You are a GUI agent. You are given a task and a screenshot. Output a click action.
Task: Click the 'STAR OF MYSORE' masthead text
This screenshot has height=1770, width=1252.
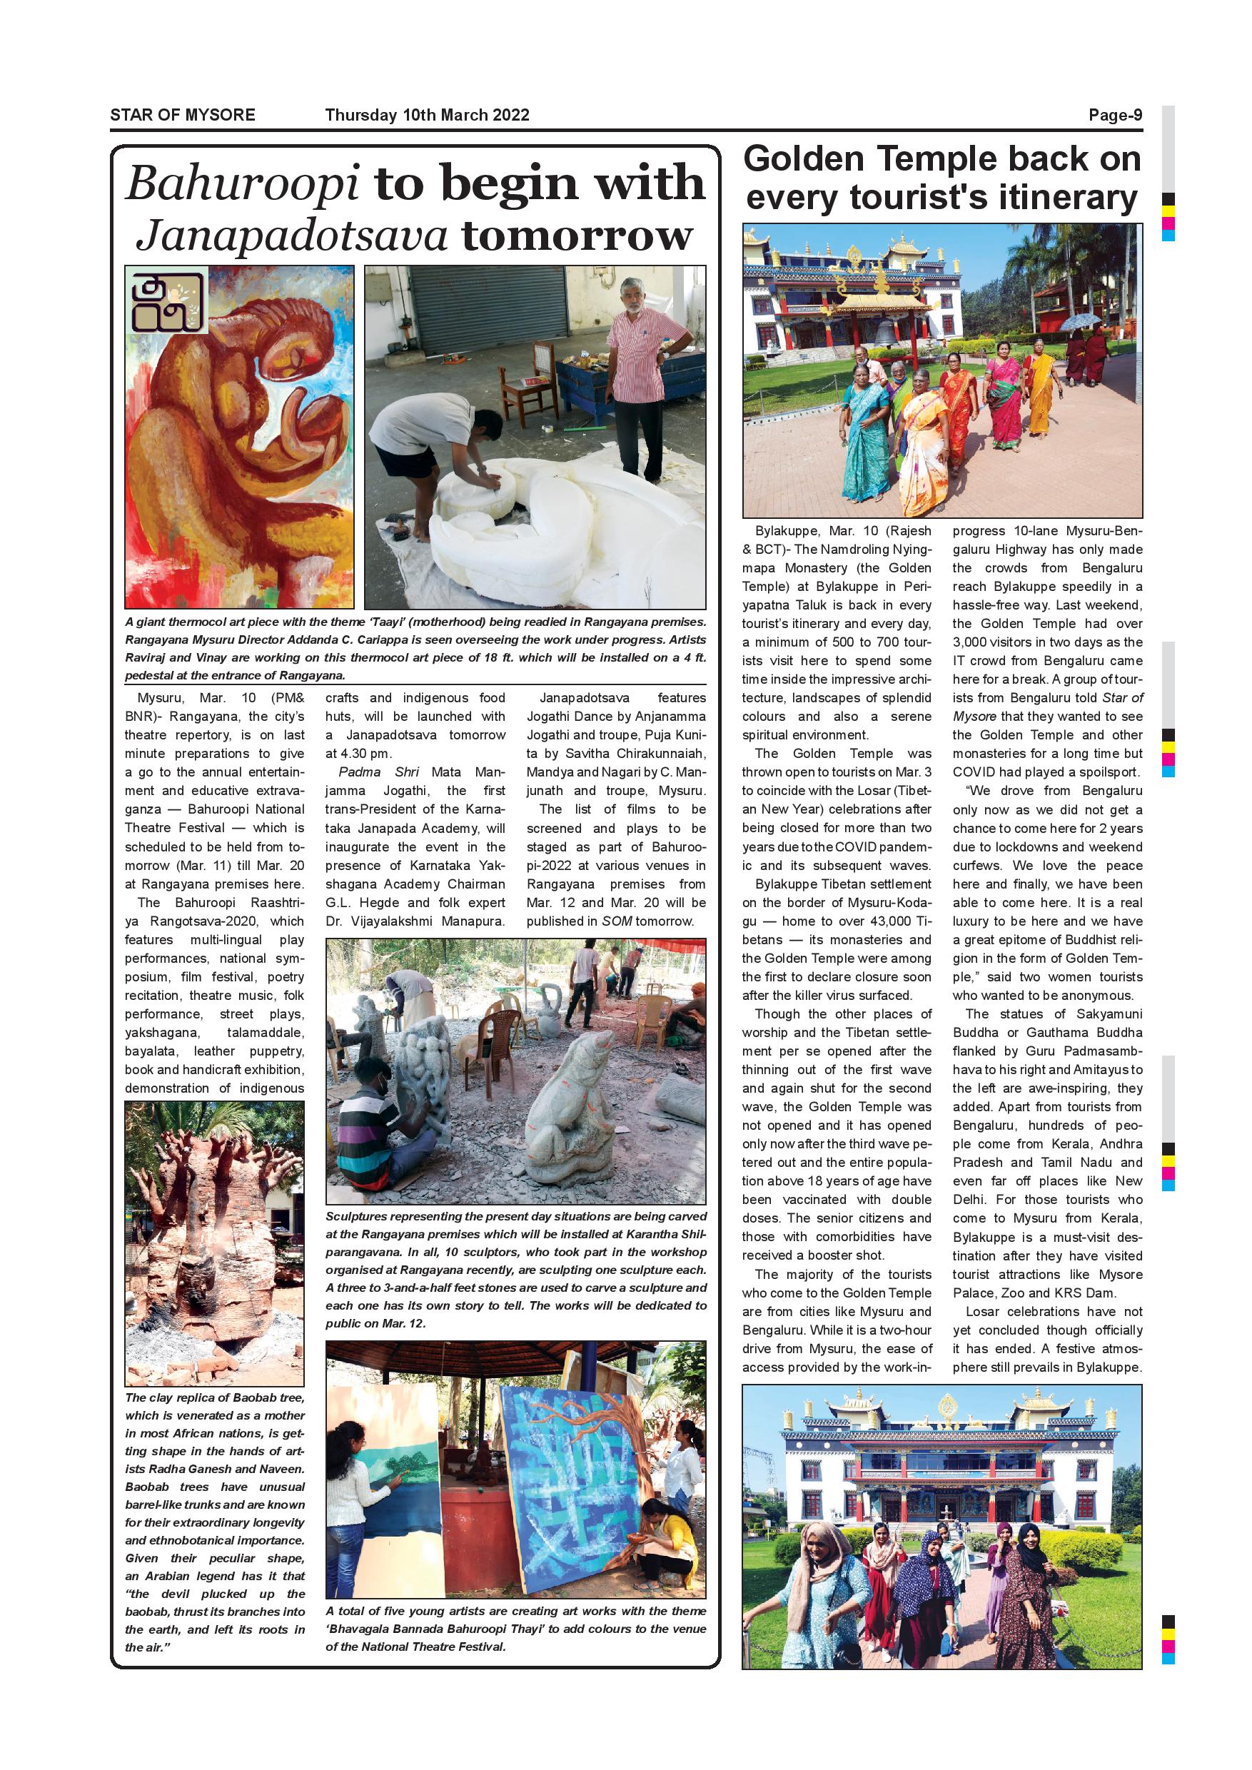pyautogui.click(x=182, y=116)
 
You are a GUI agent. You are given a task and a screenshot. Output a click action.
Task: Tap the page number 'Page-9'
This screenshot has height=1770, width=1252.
pyautogui.click(x=1115, y=116)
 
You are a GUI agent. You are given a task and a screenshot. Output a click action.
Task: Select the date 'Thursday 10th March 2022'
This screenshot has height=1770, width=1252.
pyautogui.click(x=427, y=116)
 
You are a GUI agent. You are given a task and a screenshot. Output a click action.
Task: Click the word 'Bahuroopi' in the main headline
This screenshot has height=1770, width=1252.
pyautogui.click(x=242, y=184)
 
